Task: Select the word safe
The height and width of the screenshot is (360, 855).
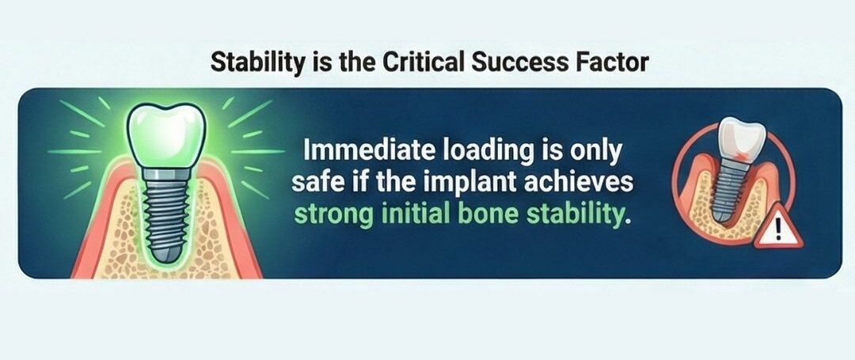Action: click(x=321, y=182)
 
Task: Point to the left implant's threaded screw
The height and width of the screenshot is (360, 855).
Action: click(x=167, y=210)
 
